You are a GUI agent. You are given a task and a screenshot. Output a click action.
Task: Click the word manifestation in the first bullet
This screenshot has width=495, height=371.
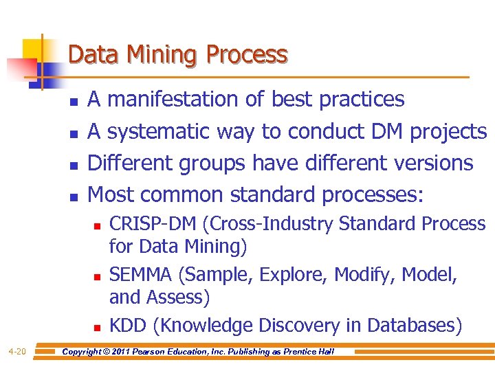click(179, 100)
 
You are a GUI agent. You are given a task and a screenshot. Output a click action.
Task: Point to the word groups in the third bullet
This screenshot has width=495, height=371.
click(212, 163)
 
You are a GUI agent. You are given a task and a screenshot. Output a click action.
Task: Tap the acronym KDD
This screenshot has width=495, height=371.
click(126, 324)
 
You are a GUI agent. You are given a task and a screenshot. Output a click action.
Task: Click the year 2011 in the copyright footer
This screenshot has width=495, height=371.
click(122, 352)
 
